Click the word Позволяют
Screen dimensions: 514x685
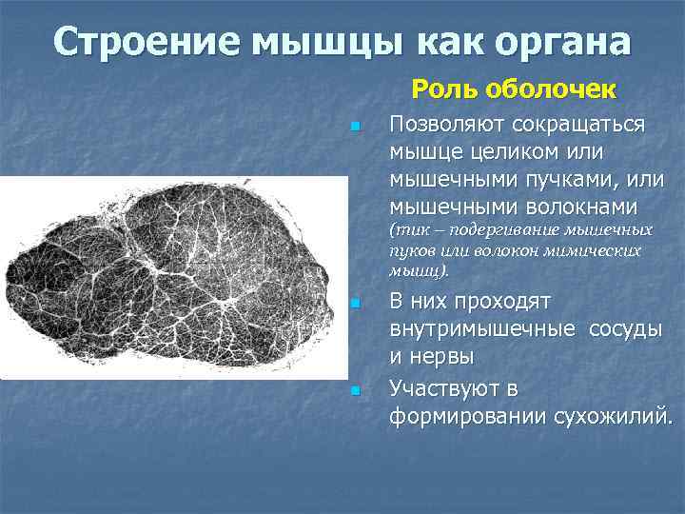[x=447, y=126]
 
